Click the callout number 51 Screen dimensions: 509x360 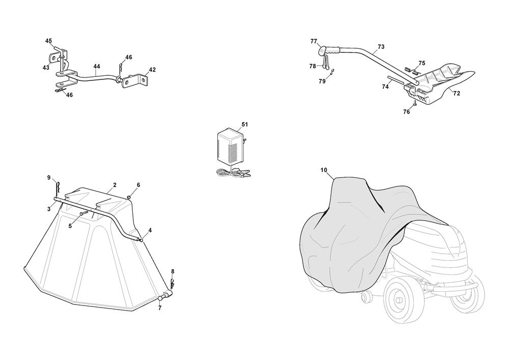coord(245,124)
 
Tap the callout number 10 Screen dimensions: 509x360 coord(324,170)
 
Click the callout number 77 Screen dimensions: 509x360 coord(314,41)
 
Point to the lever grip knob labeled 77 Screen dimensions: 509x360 coord(323,50)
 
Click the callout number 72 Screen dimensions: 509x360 coord(457,94)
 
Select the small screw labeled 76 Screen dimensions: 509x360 coord(414,104)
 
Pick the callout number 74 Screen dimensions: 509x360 coord(385,87)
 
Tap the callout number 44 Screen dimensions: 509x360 coord(96,66)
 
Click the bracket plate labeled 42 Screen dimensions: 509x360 coord(135,80)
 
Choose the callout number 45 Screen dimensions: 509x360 coord(48,41)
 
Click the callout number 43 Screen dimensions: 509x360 coord(46,68)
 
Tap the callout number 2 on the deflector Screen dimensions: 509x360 coord(115,185)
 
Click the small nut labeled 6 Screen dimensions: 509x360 coord(129,197)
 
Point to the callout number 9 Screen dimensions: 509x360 coord(49,178)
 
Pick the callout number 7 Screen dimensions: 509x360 coord(160,308)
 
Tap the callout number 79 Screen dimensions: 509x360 coord(322,81)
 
